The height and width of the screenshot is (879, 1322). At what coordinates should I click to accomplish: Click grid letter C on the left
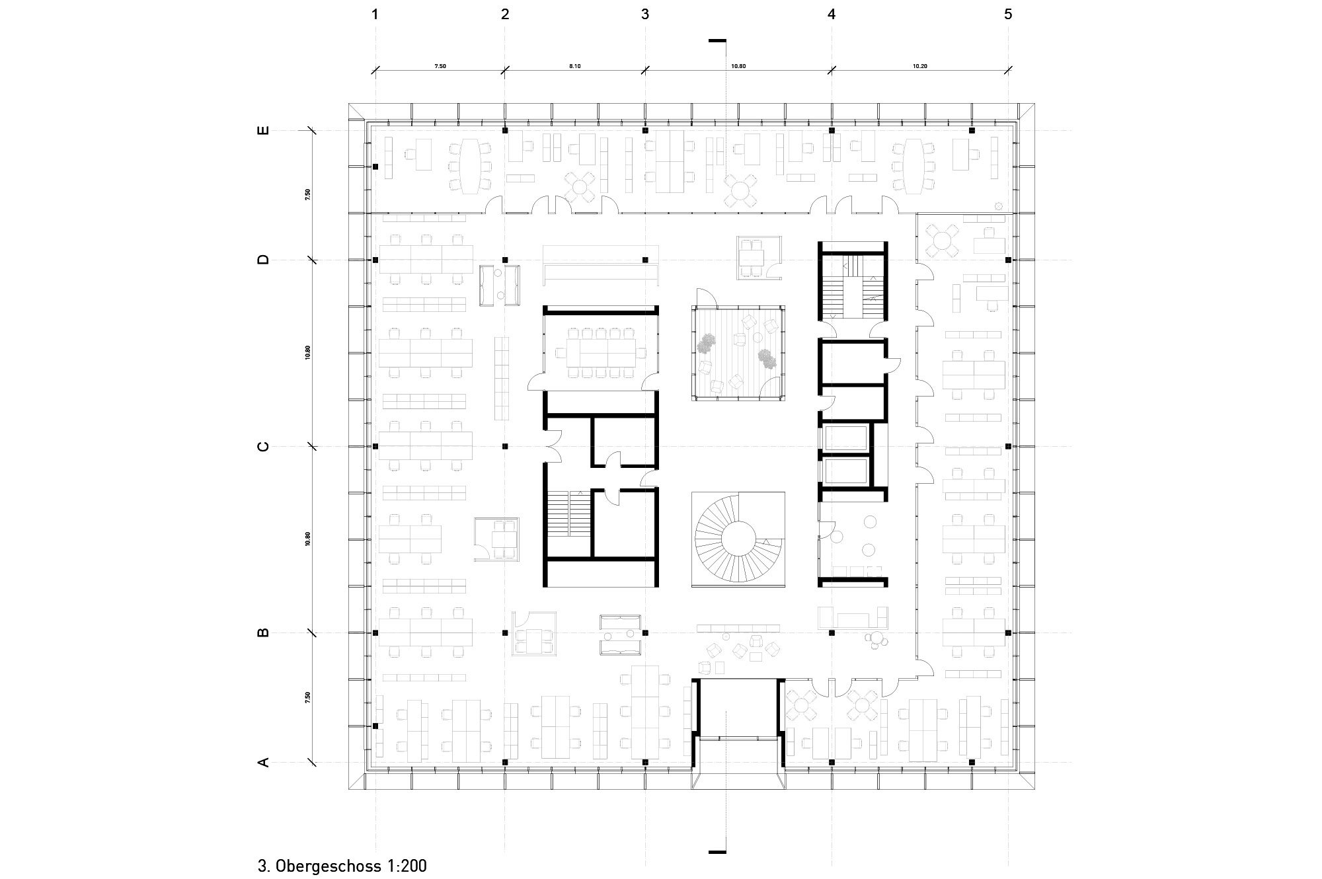click(263, 447)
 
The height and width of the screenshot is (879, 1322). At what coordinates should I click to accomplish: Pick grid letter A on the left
click(263, 763)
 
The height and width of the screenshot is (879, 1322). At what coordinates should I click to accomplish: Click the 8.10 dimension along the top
click(574, 66)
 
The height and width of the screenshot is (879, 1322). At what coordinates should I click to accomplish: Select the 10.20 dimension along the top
click(919, 66)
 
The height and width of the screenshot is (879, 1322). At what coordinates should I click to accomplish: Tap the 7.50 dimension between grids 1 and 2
click(440, 66)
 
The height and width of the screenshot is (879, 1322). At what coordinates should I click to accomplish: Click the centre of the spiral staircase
click(738, 539)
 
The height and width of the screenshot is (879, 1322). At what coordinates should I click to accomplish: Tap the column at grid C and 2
click(505, 447)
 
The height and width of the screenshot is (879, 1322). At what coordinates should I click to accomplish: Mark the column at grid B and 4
click(832, 633)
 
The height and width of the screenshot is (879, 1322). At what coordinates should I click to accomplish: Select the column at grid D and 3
click(645, 260)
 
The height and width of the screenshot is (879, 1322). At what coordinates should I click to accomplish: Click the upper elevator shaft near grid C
click(845, 438)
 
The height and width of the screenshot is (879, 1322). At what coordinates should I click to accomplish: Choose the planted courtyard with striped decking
click(738, 352)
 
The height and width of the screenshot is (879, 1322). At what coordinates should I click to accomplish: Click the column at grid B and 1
click(375, 633)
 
